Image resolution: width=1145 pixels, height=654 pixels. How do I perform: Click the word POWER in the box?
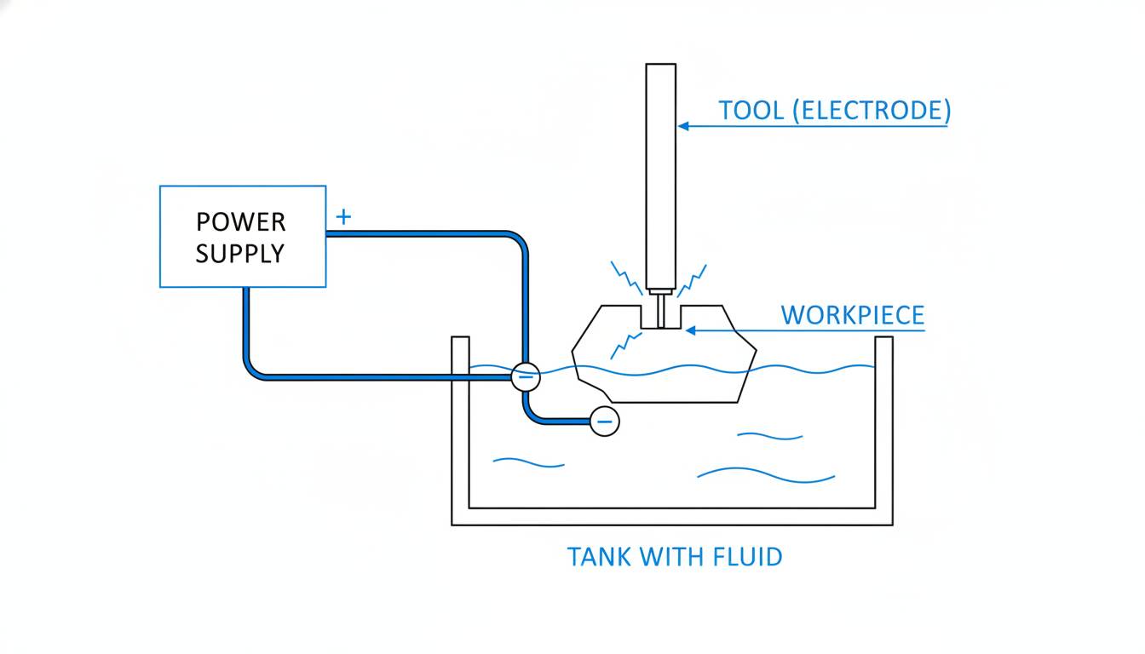click(240, 222)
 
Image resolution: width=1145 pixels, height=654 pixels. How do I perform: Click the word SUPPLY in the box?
click(240, 254)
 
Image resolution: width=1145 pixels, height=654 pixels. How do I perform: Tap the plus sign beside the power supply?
click(343, 217)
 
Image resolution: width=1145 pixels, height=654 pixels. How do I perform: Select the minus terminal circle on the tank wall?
click(526, 376)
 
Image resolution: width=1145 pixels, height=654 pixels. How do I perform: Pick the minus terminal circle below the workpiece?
click(604, 421)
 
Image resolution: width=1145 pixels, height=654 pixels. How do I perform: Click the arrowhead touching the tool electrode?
click(682, 126)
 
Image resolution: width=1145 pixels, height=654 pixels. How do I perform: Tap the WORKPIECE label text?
click(852, 315)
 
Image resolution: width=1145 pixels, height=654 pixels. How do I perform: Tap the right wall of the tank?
click(883, 426)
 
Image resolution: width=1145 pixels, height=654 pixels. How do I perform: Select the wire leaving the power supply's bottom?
click(246, 332)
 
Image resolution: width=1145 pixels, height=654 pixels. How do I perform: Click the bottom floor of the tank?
click(672, 516)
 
